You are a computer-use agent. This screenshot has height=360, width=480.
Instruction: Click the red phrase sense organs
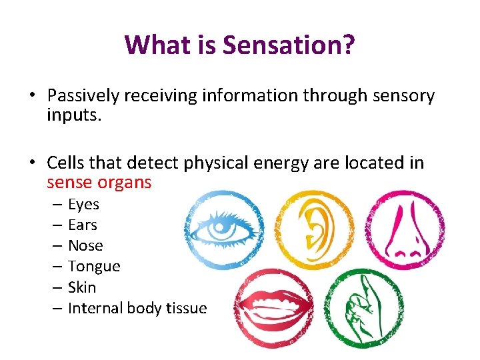(99, 182)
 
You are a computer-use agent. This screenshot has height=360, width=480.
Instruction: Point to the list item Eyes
(83, 204)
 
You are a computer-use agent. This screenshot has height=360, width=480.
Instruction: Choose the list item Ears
(83, 225)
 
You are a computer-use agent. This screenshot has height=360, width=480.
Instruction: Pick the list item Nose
(85, 245)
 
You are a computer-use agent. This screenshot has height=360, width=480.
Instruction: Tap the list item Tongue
(94, 266)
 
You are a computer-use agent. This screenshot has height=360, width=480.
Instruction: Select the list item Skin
(82, 287)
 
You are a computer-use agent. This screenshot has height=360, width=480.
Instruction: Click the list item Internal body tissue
(137, 308)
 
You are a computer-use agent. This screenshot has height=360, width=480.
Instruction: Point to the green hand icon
(363, 307)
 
